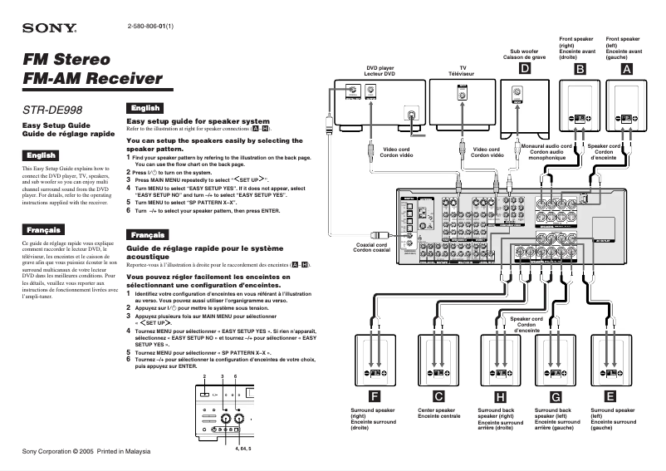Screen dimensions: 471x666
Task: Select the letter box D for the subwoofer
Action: pyautogui.click(x=524, y=70)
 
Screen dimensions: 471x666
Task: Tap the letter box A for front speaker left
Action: pyautogui.click(x=626, y=70)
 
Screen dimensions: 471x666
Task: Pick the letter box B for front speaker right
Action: pyautogui.click(x=578, y=70)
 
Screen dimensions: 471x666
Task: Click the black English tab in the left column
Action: pyautogui.click(x=42, y=155)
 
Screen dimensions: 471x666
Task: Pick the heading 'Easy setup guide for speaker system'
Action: pyautogui.click(x=198, y=121)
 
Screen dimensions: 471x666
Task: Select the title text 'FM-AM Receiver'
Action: pyautogui.click(x=92, y=80)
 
